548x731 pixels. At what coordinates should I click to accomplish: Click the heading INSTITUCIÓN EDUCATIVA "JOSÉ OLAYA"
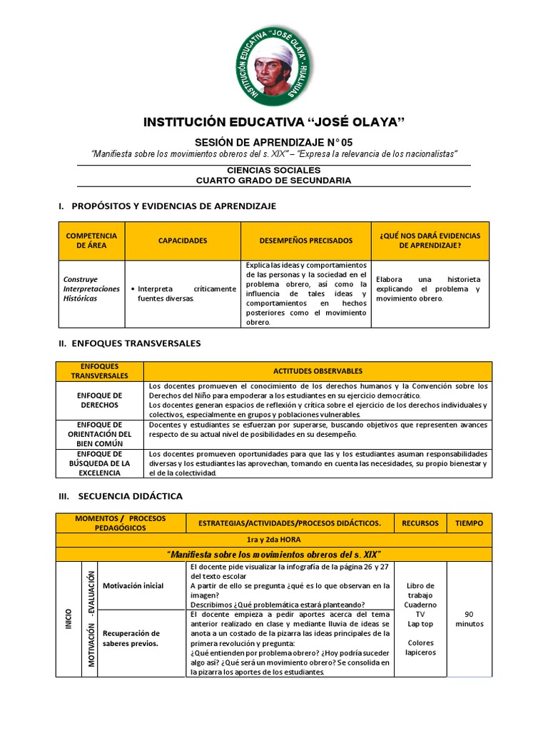click(274, 122)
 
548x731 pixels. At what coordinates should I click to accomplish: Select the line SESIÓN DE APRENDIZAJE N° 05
click(274, 143)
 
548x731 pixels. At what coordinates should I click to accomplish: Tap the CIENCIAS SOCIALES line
click(274, 171)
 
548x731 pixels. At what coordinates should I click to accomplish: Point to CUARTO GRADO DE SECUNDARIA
click(274, 181)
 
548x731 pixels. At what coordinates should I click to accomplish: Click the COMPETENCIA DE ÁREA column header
click(91, 241)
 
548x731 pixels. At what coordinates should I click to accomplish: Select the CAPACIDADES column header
click(183, 241)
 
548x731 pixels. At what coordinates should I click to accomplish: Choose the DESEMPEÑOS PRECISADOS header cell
click(305, 241)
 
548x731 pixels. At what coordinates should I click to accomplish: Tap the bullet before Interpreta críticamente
click(133, 289)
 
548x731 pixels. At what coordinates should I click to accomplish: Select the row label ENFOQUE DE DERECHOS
click(99, 400)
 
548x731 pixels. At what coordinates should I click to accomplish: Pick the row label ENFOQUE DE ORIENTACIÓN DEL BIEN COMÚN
click(99, 433)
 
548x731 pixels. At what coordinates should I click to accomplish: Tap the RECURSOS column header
click(420, 523)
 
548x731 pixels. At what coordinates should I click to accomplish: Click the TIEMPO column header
click(469, 523)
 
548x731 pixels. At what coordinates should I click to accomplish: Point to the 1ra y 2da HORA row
click(274, 540)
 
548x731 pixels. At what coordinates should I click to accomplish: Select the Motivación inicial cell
click(133, 585)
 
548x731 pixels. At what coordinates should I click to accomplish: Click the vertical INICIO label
click(68, 618)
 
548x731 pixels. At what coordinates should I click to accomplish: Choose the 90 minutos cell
click(469, 618)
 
